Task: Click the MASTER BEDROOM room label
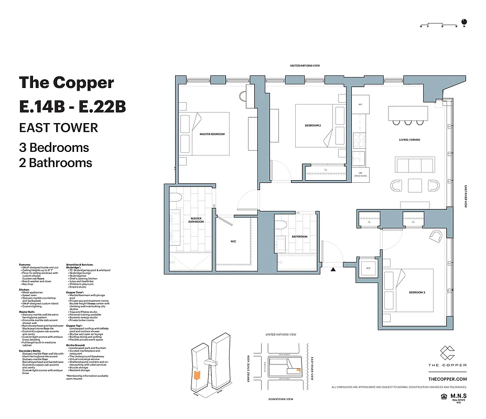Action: pos(212,134)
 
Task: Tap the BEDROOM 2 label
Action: pos(313,126)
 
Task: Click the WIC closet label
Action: pos(233,242)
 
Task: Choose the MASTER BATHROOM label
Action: pos(196,220)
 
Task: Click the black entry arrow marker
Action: pos(333,270)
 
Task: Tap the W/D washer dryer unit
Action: pos(368,268)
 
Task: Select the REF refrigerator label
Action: pos(360,105)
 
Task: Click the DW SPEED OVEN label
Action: pos(361,174)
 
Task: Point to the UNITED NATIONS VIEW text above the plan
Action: pos(309,65)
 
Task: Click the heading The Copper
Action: pos(66,82)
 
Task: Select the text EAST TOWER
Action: pos(58,127)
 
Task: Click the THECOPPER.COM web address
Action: pos(447,379)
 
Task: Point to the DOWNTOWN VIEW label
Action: pos(280,399)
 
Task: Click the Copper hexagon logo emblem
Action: pos(447,352)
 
